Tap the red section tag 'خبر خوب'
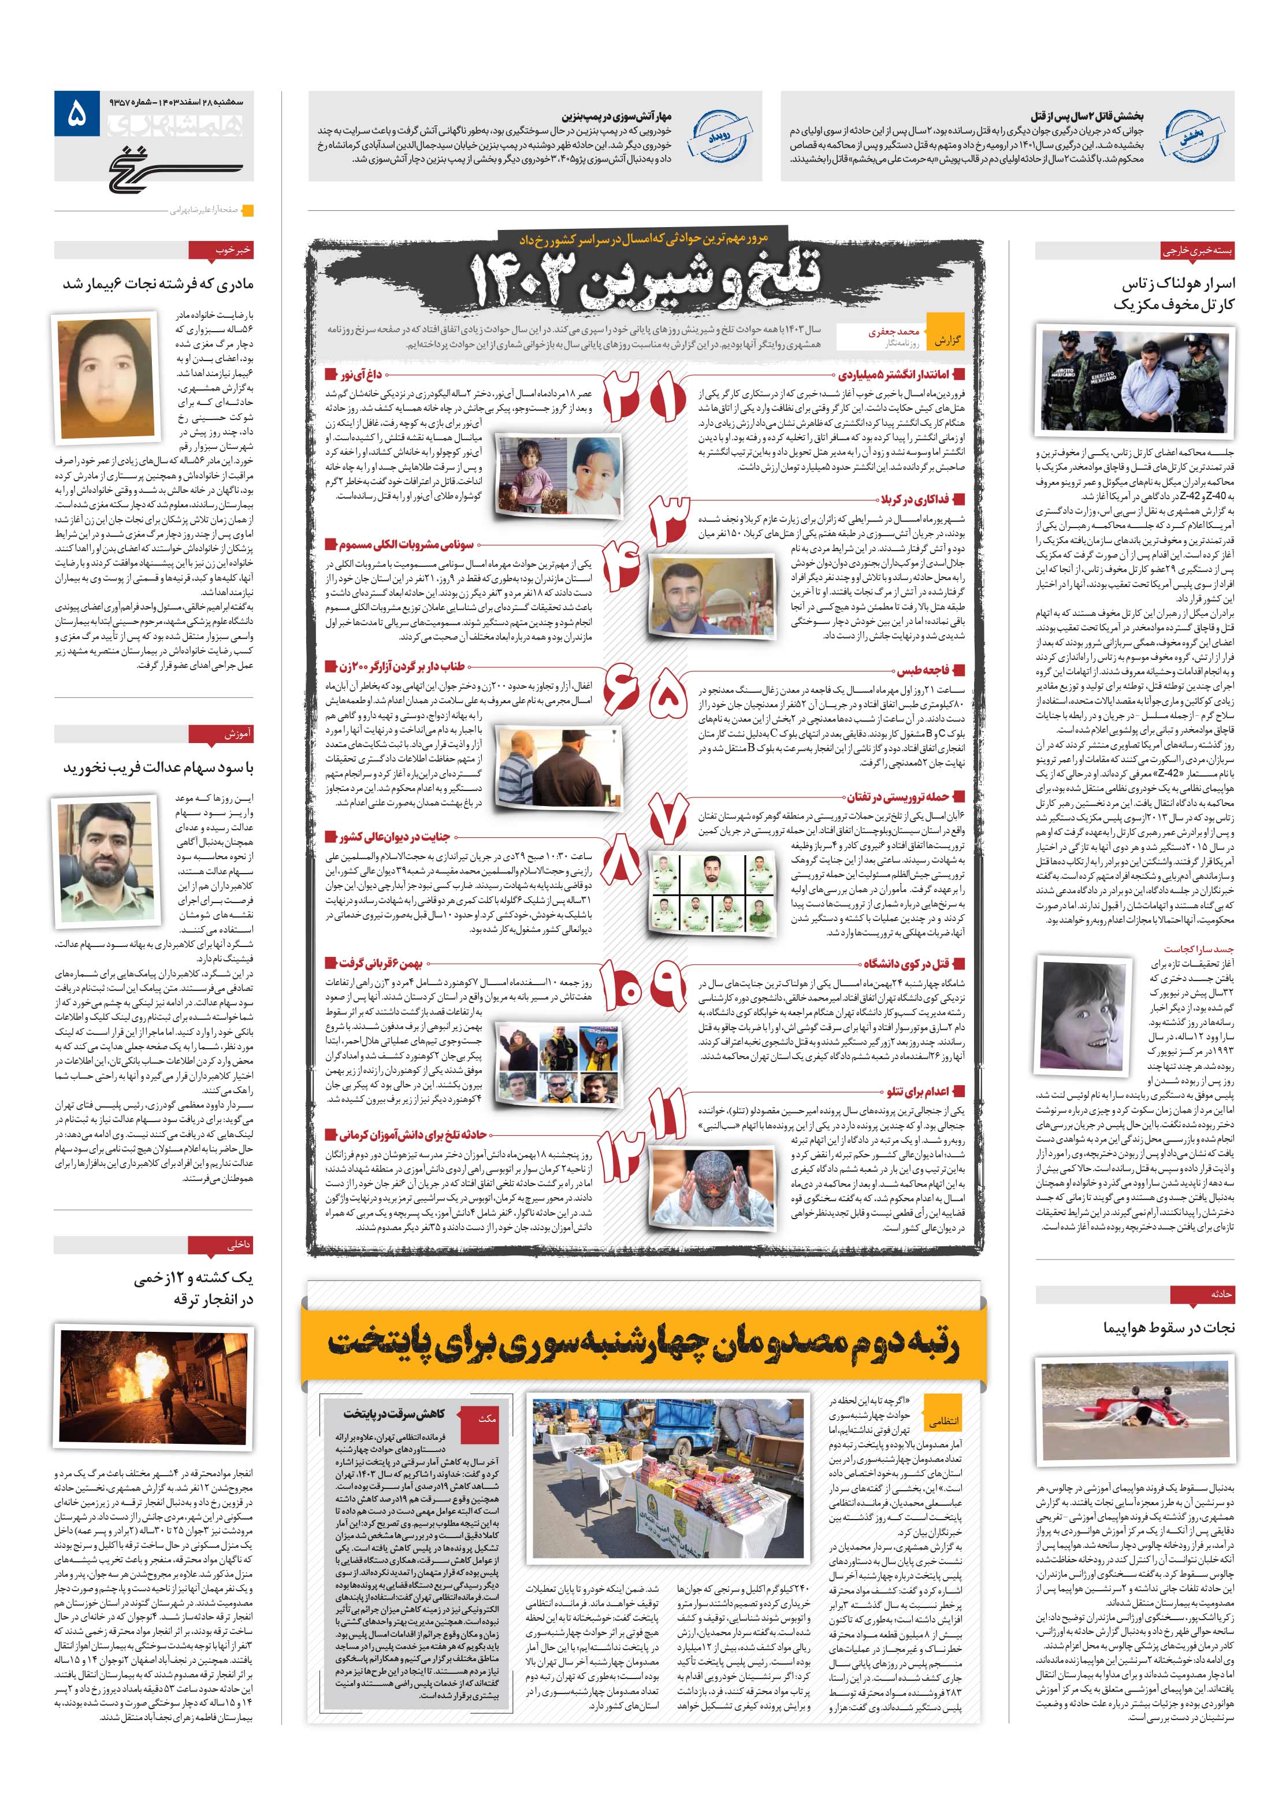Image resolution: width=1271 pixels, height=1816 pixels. [x=221, y=251]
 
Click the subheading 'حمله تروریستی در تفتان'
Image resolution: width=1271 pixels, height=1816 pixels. [x=898, y=796]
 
